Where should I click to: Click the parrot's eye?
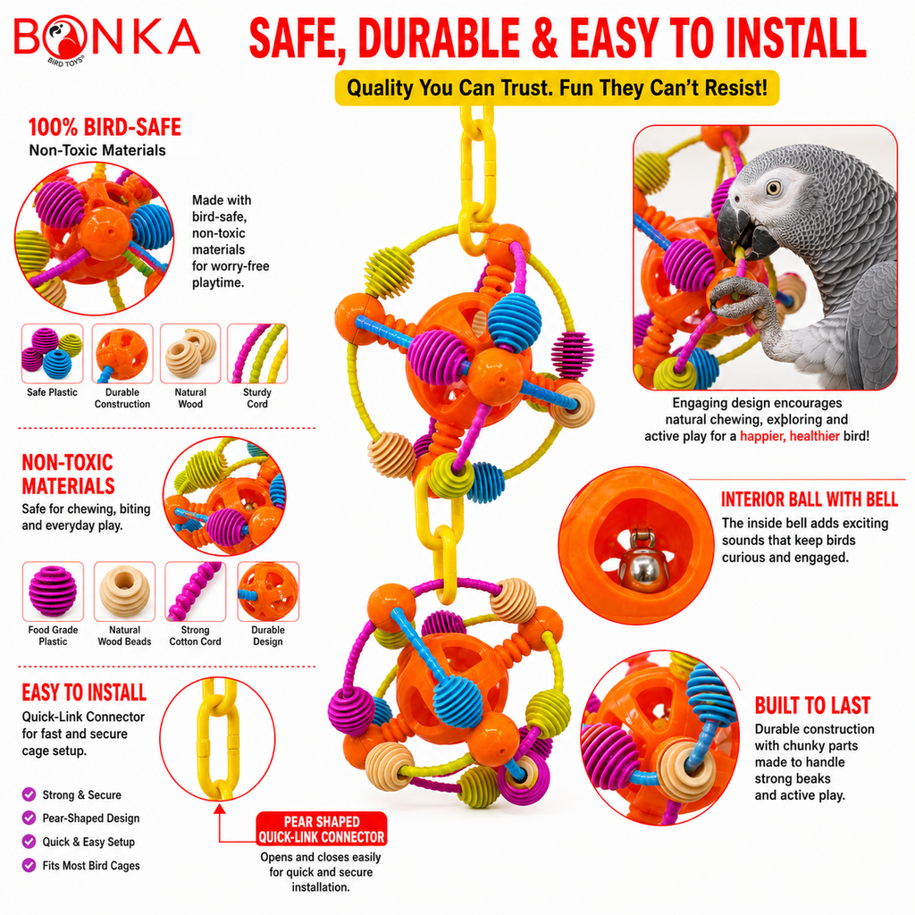point(774,188)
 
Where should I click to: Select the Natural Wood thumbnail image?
point(190,354)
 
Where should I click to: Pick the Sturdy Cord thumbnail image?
point(257,354)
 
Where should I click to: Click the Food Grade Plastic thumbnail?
point(53,592)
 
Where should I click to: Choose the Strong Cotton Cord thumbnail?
point(196,592)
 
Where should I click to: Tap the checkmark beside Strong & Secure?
point(29,794)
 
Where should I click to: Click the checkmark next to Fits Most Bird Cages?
point(29,865)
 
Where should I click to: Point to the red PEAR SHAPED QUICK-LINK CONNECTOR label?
point(322,828)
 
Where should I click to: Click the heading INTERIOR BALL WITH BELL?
point(809,499)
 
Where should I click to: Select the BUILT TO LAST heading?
point(812,706)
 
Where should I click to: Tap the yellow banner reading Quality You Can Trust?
point(557,88)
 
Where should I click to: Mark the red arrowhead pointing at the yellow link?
point(220,809)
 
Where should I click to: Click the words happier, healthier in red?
point(790,436)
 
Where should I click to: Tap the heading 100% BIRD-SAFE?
point(105,127)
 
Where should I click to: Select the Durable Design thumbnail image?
point(268,592)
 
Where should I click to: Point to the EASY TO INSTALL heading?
point(84,693)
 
